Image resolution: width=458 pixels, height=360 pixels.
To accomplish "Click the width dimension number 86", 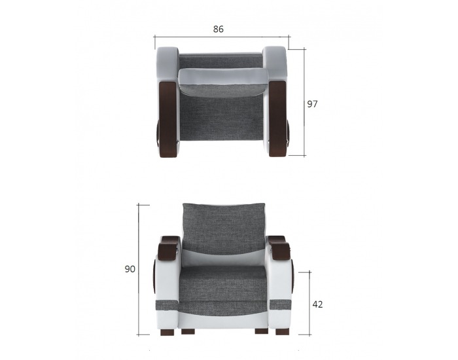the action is click(x=218, y=29).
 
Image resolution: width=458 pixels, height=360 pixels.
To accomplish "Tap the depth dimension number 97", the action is click(x=312, y=104).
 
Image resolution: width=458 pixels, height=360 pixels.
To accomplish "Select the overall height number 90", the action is click(x=130, y=269).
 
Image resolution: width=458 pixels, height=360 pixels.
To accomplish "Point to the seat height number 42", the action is click(x=317, y=304).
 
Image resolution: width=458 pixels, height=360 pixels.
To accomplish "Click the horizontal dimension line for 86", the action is click(x=222, y=37).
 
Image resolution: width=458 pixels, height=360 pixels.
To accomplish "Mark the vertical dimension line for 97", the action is click(x=304, y=102).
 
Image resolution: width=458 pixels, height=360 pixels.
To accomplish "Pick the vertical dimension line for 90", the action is click(x=139, y=270).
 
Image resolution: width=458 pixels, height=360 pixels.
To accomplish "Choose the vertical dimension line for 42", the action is click(x=309, y=303).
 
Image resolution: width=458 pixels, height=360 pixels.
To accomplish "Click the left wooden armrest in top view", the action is click(x=167, y=119).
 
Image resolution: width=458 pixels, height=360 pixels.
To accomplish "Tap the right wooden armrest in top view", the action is click(x=277, y=119).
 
